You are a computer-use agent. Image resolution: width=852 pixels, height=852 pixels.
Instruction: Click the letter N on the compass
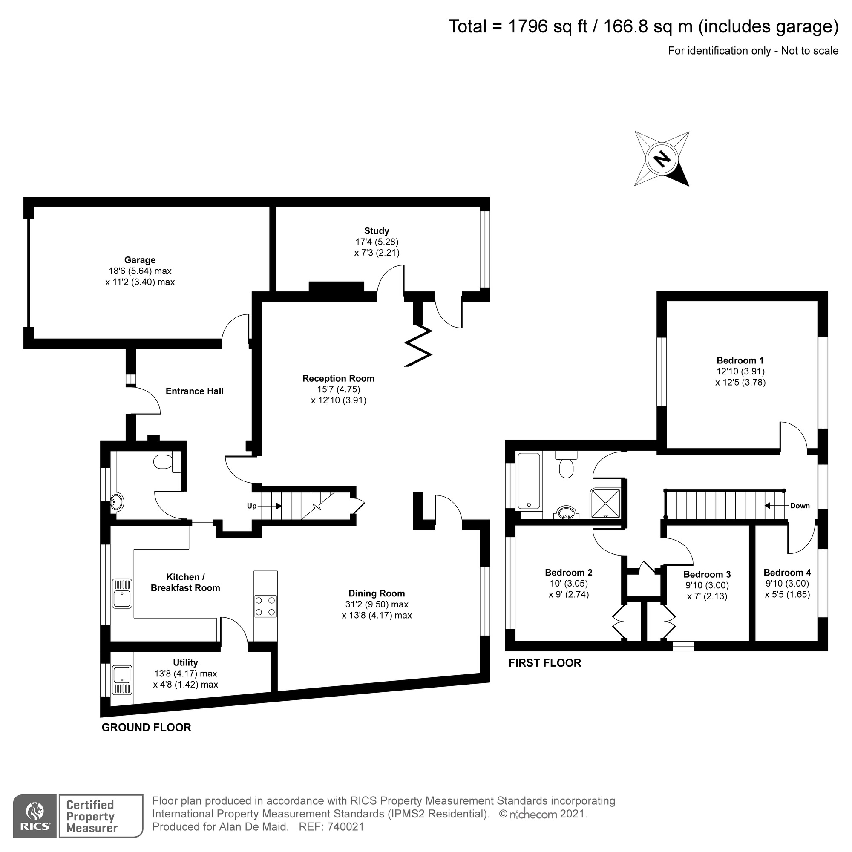coord(661,159)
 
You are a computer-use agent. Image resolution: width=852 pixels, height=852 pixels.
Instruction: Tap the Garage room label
coord(140,260)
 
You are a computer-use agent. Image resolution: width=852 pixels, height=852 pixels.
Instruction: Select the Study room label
coord(376,231)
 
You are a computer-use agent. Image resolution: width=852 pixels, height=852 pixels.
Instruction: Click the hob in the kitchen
coord(265,606)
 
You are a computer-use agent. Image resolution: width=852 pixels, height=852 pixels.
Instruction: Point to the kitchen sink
coord(122,593)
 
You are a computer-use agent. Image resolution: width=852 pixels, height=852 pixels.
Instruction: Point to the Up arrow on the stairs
coord(271,506)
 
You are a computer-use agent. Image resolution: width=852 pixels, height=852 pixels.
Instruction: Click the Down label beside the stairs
coord(800,506)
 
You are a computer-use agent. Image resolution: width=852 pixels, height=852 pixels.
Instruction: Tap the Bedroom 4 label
coord(787,573)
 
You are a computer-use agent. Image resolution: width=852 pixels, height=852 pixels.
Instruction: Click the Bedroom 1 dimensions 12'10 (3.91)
coord(740,372)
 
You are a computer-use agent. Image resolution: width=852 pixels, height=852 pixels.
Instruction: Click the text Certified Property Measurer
coord(91,817)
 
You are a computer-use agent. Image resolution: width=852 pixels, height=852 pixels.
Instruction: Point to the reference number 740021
coord(346,827)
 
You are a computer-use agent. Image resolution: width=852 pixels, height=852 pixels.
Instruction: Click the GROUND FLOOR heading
coord(147,728)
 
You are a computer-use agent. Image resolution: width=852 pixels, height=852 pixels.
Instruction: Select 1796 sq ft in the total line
coord(548,26)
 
